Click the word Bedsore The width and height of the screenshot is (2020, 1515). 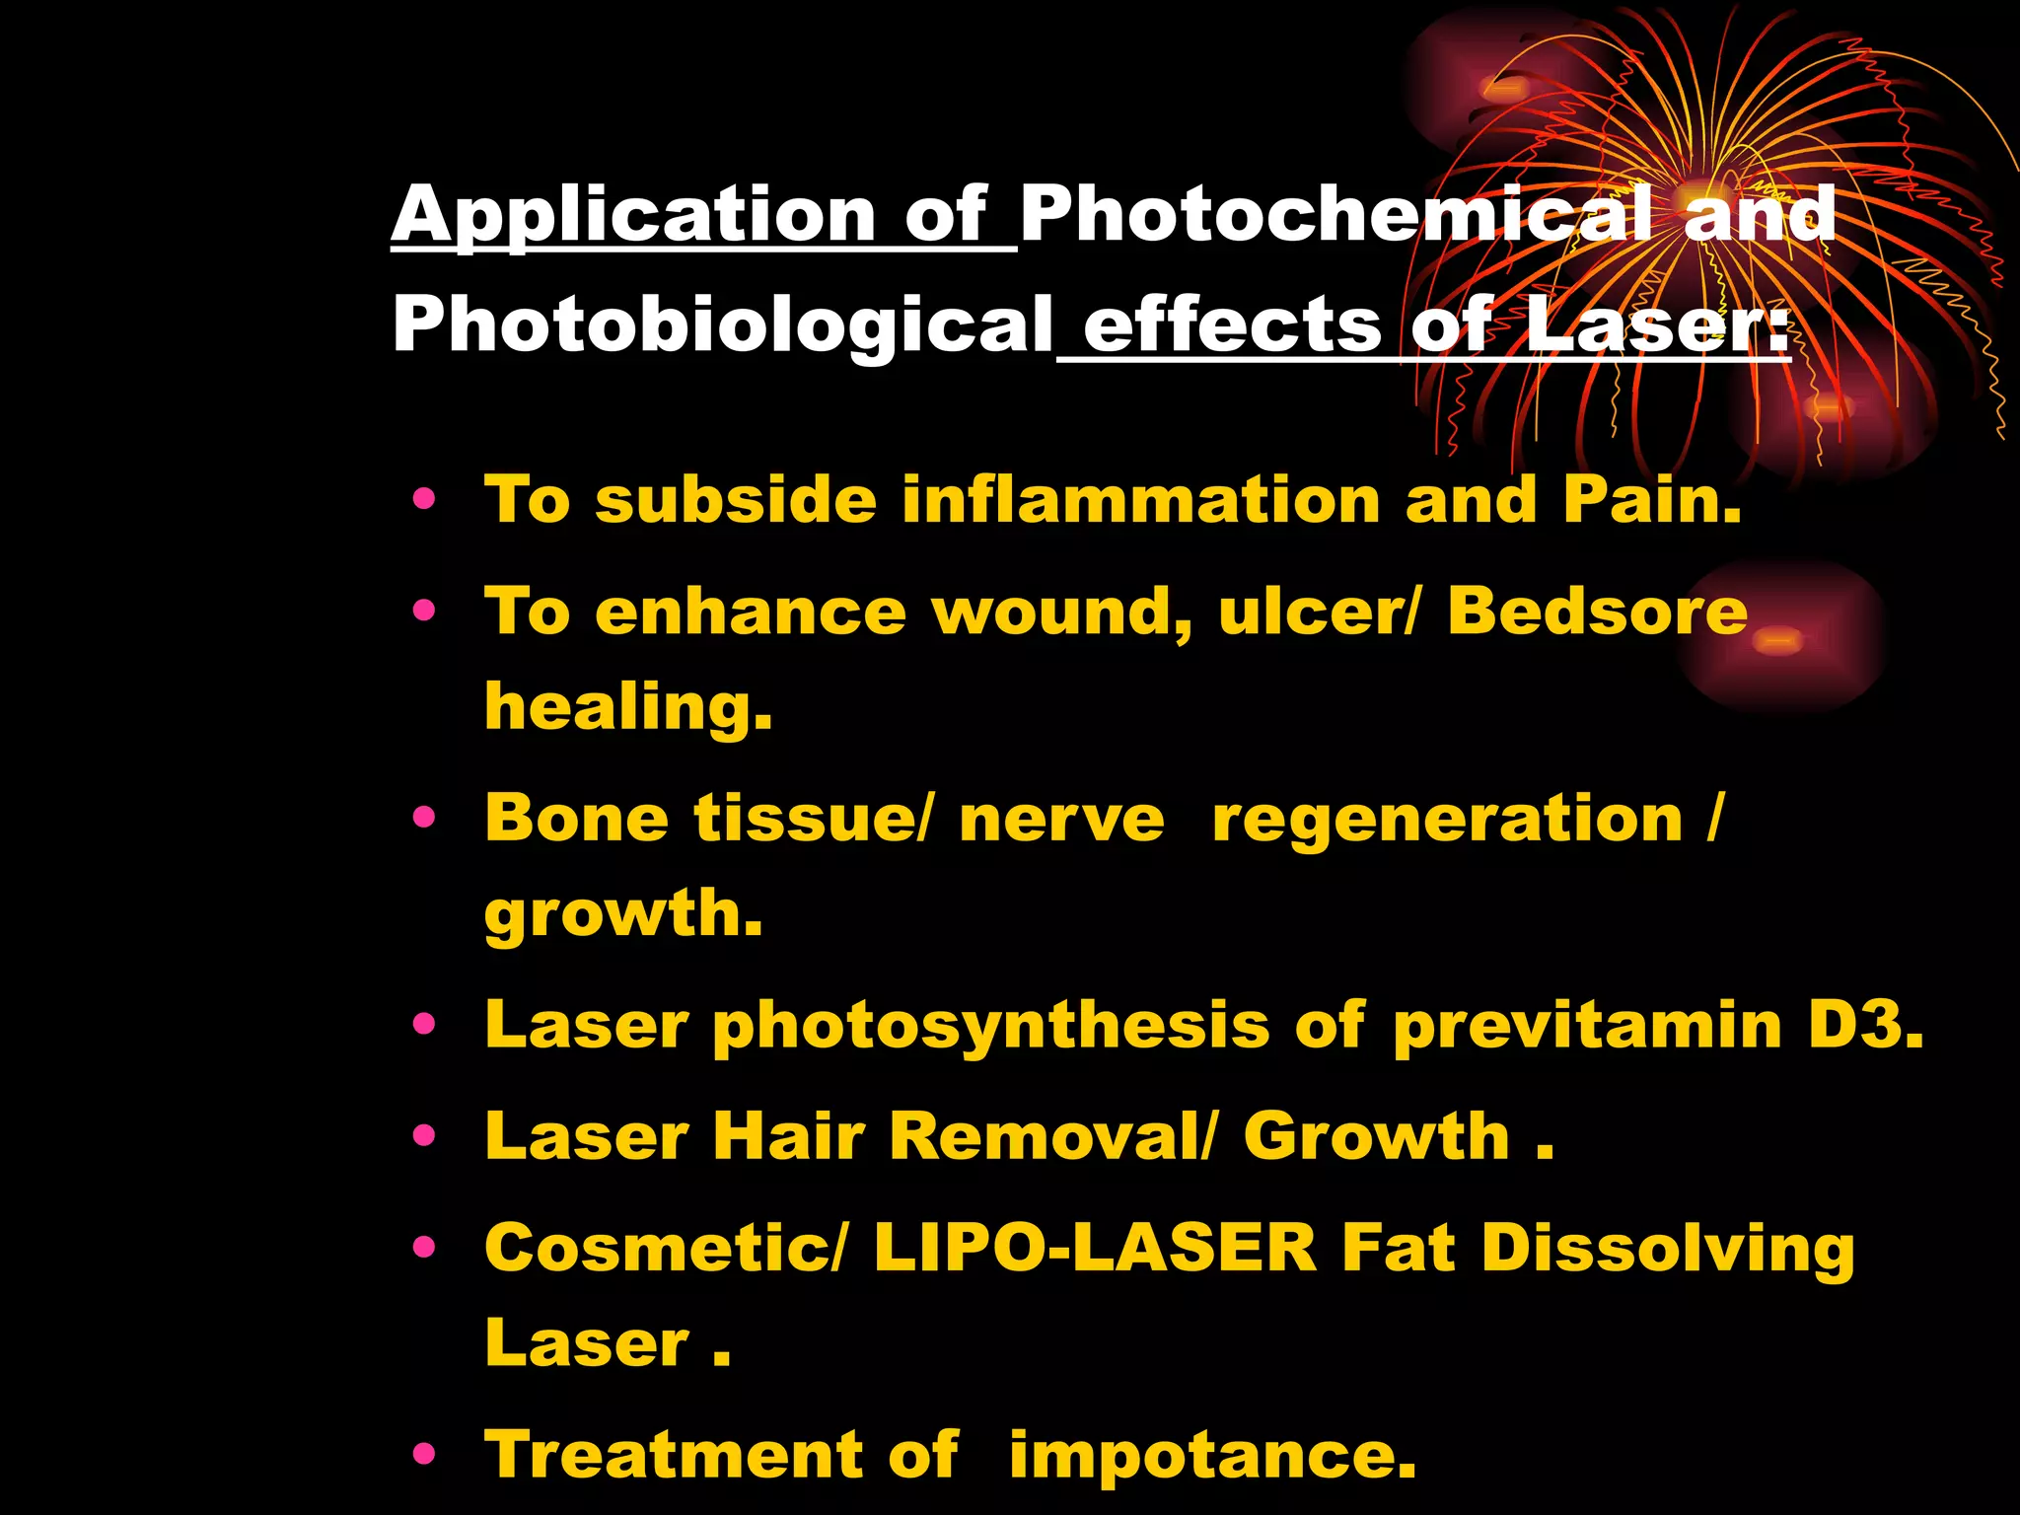pyautogui.click(x=1597, y=612)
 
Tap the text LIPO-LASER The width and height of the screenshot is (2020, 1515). pyautogui.click(x=1095, y=1248)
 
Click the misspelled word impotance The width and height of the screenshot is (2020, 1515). pyautogui.click(x=1212, y=1456)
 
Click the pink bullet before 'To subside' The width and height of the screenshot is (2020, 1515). pyautogui.click(x=425, y=500)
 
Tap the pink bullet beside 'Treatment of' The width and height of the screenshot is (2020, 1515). pyautogui.click(x=425, y=1454)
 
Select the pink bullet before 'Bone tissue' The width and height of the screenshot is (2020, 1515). pyautogui.click(x=425, y=818)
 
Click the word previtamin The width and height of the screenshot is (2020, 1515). pyautogui.click(x=1587, y=1026)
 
